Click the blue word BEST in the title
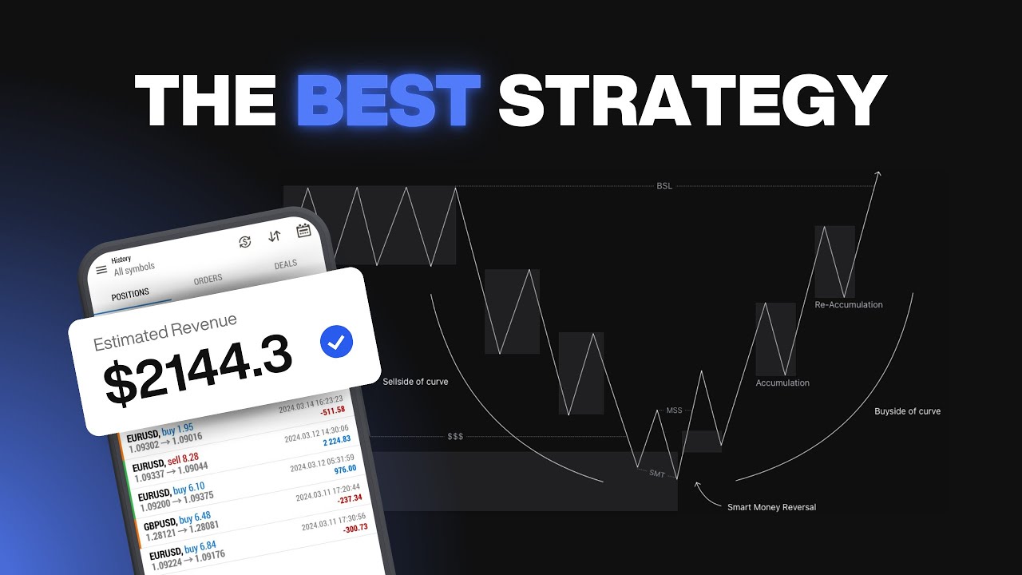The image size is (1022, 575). pos(388,101)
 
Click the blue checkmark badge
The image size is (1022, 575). pos(336,343)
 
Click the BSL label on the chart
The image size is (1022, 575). pos(664,186)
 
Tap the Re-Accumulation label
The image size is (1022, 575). pos(849,304)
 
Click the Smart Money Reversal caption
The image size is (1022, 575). pos(771,507)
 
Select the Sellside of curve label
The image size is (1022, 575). pos(415,382)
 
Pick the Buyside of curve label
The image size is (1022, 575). pos(907,411)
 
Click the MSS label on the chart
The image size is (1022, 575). pos(674,410)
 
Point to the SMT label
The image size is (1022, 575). pos(656,474)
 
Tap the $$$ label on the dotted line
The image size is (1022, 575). pos(455,437)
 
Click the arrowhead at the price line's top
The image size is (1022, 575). pos(877,174)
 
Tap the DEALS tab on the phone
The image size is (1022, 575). pos(285,264)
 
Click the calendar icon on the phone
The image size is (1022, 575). pos(303,232)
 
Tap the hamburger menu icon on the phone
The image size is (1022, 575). pos(101,270)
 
